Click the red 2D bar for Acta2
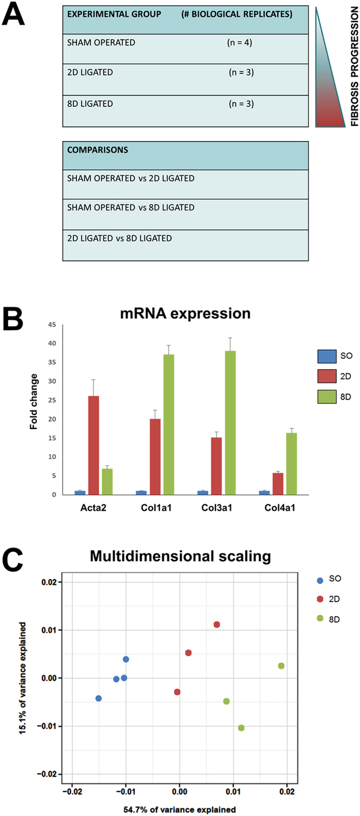pyautogui.click(x=93, y=445)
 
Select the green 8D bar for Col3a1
pyautogui.click(x=230, y=423)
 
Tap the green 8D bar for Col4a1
pyautogui.click(x=292, y=463)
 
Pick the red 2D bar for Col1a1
pyautogui.click(x=155, y=457)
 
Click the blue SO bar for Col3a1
pyautogui.click(x=202, y=492)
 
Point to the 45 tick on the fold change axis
pyautogui.click(x=52, y=325)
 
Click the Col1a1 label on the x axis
pyautogui.click(x=156, y=508)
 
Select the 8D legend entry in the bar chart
pyautogui.click(x=335, y=397)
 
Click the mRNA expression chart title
pyautogui.click(x=185, y=313)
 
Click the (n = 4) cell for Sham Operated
pyautogui.click(x=239, y=43)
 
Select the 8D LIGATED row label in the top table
pyautogui.click(x=90, y=104)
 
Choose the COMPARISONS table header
pyautogui.click(x=98, y=150)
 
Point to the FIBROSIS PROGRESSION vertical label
pyautogui.click(x=354, y=67)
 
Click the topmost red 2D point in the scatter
pyautogui.click(x=217, y=624)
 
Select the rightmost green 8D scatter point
pyautogui.click(x=281, y=666)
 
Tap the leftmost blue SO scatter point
pyautogui.click(x=99, y=698)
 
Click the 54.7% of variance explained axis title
pyautogui.click(x=180, y=810)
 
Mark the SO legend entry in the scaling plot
pyautogui.click(x=330, y=579)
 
